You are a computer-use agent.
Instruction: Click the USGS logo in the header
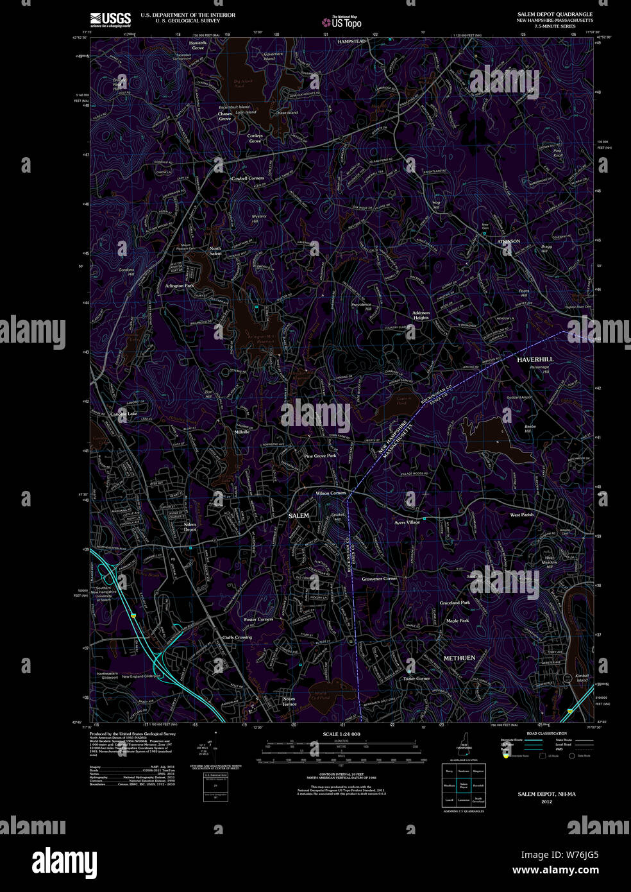(110, 19)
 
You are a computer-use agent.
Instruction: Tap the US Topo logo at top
(342, 22)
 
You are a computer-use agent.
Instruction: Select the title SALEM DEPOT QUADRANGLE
(555, 14)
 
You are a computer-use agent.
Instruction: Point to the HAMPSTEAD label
(351, 41)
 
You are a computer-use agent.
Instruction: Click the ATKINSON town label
(509, 241)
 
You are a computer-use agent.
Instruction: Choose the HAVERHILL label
(535, 359)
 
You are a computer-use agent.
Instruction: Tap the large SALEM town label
(298, 515)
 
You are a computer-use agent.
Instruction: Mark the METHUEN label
(459, 658)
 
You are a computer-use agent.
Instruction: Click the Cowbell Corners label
(248, 178)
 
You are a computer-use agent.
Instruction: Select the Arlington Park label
(179, 286)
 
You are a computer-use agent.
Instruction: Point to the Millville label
(242, 432)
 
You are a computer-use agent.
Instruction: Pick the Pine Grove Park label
(320, 456)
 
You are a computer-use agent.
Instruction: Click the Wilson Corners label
(330, 493)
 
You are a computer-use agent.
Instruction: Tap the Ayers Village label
(407, 522)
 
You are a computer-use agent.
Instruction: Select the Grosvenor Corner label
(379, 579)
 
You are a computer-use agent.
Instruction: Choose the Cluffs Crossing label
(237, 637)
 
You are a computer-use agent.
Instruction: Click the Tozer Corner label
(416, 678)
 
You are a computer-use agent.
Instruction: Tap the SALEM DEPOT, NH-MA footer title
(546, 794)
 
